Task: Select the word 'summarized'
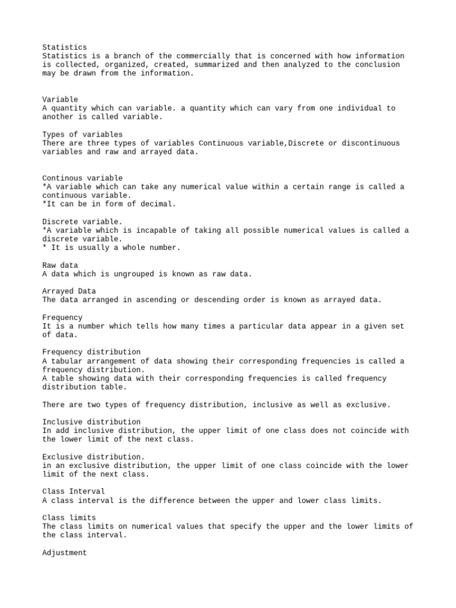coord(209,65)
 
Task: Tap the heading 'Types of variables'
coord(83,134)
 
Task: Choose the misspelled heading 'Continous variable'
coord(83,178)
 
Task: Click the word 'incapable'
coord(148,230)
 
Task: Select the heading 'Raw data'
coord(60,265)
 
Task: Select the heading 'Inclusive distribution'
coord(92,422)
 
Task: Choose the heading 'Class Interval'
coord(73,492)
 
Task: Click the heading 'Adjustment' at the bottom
coord(65,553)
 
